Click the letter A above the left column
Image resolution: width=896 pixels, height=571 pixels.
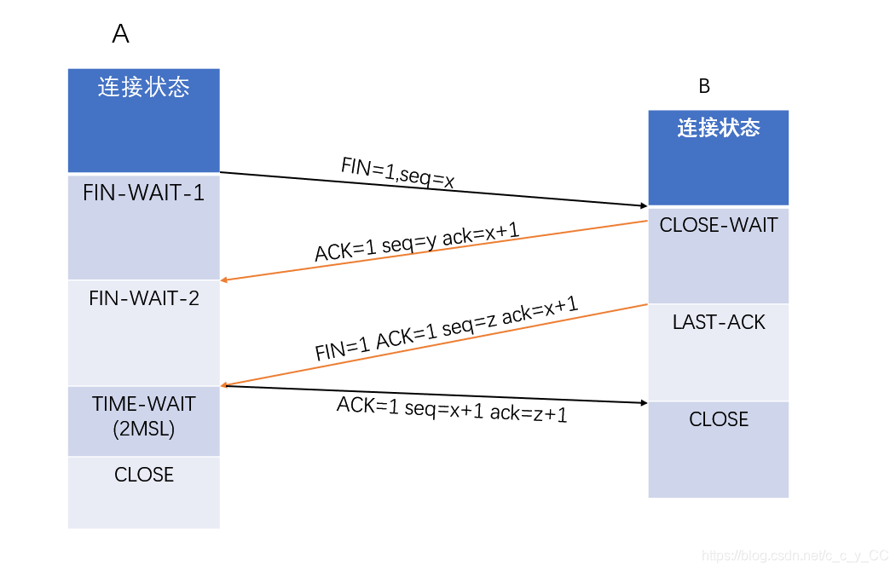coord(121,34)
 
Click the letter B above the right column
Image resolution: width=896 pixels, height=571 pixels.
coord(704,86)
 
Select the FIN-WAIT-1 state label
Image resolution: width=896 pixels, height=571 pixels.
coord(143,193)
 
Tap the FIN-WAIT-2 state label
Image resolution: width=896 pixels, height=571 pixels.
coord(143,298)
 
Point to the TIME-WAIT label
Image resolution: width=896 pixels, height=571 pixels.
coord(143,404)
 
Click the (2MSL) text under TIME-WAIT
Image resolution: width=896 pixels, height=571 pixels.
coord(143,430)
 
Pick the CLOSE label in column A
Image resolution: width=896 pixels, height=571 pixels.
coord(143,475)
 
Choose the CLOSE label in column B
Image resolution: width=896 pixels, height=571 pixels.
coord(719,419)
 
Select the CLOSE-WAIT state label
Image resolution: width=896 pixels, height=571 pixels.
coord(719,225)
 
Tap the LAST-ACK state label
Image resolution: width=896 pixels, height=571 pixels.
coord(719,322)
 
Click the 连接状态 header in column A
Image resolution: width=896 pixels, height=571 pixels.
coord(143,87)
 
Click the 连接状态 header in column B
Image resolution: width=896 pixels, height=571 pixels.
coord(719,128)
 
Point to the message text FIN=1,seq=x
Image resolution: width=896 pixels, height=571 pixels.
coord(397,173)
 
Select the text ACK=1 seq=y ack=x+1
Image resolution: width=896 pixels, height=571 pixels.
coord(417,242)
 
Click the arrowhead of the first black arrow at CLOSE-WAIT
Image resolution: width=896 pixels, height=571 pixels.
coord(645,206)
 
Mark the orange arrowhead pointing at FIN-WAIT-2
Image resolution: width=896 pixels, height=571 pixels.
coord(224,280)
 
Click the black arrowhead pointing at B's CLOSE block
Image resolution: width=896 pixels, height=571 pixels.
coord(645,402)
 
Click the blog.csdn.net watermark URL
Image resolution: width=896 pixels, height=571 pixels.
coord(795,555)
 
